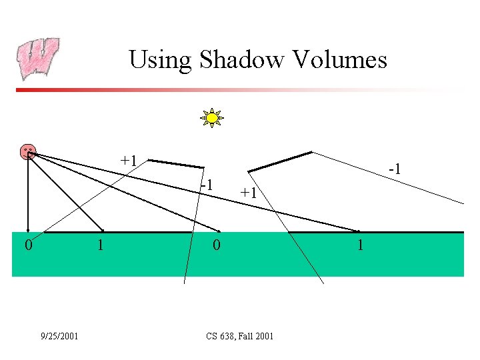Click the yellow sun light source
[x=212, y=118]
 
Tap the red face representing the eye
[x=28, y=151]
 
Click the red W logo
[x=38, y=59]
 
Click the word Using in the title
[x=159, y=60]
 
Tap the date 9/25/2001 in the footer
[x=59, y=336]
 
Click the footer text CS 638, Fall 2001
[x=240, y=336]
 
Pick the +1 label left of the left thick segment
[x=129, y=161]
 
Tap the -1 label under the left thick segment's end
[x=207, y=184]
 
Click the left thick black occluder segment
[x=176, y=163]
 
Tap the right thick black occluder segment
[x=280, y=162]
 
